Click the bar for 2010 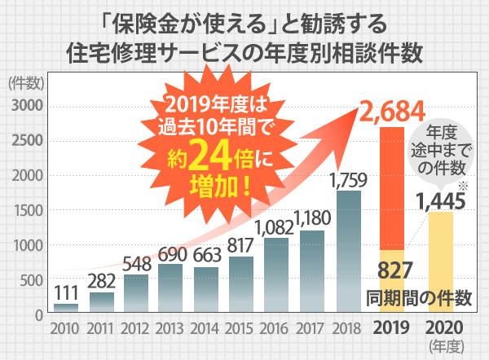tap(66, 309)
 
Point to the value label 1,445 tap(440, 199)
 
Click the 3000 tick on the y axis tap(28, 106)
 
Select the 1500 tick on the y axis tap(28, 210)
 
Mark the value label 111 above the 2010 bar tap(66, 292)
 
